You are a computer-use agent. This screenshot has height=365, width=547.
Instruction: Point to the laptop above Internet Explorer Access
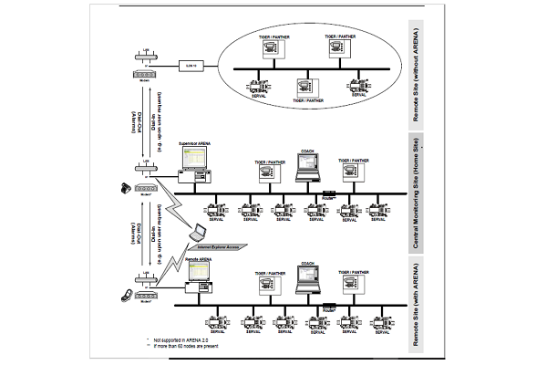[196, 234]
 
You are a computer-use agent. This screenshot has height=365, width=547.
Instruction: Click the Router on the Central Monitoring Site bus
[329, 193]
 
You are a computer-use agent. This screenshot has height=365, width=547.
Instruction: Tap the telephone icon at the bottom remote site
[127, 294]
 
